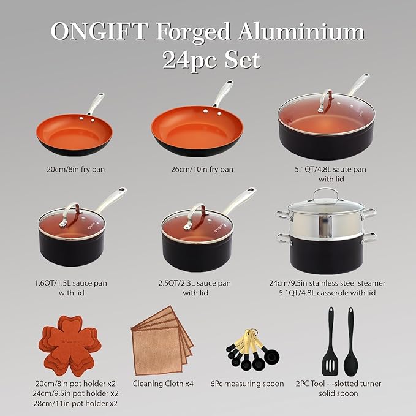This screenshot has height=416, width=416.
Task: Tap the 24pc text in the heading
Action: click(189, 59)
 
